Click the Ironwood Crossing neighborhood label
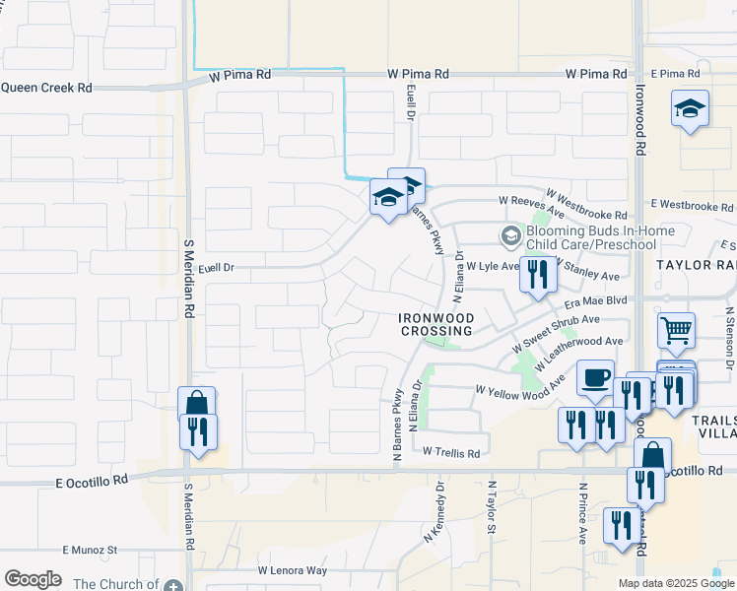[436, 325]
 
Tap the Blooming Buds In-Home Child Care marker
[510, 235]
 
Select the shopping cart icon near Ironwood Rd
[676, 331]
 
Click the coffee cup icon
[594, 378]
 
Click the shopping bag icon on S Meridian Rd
[196, 404]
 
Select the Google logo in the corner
[33, 579]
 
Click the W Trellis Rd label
[450, 453]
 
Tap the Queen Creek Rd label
[46, 88]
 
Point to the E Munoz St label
[90, 550]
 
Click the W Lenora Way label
[292, 570]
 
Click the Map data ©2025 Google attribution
[676, 583]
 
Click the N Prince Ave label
[582, 513]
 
